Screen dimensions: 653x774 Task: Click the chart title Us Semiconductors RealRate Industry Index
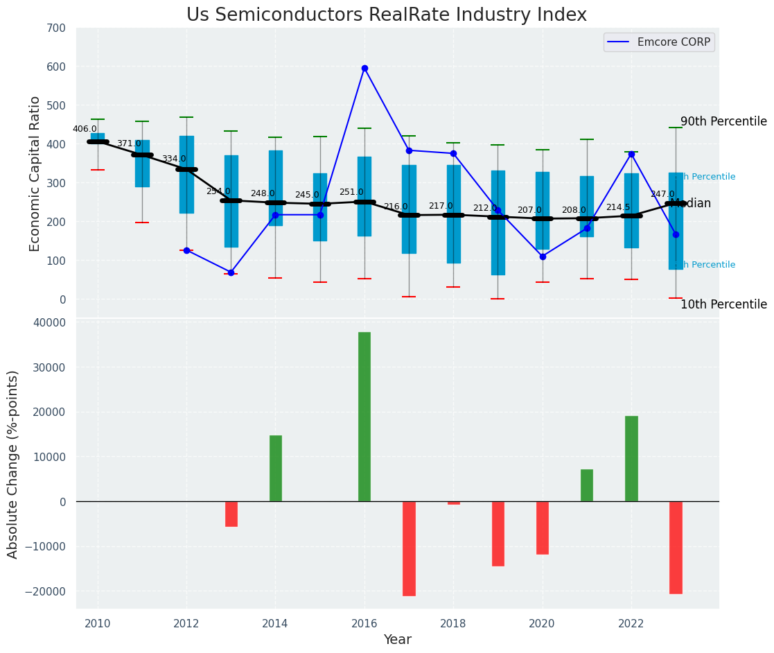387,15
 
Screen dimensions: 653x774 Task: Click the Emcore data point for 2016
364,69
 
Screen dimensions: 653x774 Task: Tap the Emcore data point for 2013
231,272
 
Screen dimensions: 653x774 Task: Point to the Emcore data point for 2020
543,256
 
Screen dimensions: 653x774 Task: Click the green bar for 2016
364,416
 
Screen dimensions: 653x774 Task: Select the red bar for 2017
409,548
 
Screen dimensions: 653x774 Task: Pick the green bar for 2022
631,458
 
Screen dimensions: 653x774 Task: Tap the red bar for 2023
676,547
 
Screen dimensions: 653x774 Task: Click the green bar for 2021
587,485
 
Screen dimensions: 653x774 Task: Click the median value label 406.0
85,130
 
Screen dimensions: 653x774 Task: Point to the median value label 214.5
618,208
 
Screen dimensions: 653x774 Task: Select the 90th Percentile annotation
723,122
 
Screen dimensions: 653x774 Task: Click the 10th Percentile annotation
723,305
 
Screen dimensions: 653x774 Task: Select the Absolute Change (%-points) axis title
13,464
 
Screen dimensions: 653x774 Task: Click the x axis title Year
398,640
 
